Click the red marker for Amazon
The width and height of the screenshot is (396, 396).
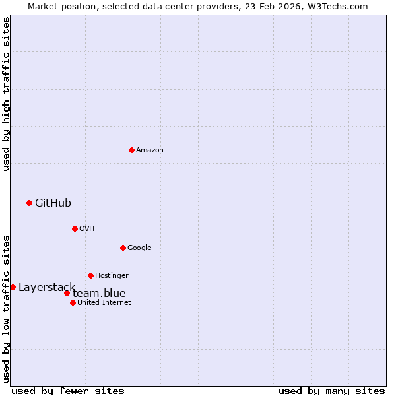[131, 150]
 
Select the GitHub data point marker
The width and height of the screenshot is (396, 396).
[29, 203]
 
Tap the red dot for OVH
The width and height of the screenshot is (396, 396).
[75, 228]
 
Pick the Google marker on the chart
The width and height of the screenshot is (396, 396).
[123, 247]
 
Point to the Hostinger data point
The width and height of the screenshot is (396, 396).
[90, 275]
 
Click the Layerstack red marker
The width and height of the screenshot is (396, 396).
[13, 287]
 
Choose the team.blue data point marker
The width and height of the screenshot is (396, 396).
[67, 293]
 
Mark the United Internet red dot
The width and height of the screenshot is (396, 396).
[73, 302]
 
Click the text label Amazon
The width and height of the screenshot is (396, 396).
[150, 150]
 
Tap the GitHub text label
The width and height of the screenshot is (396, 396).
[53, 203]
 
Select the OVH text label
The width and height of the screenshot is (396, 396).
[87, 228]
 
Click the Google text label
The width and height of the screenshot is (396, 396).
[139, 247]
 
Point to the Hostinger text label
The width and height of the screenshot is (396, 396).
[112, 275]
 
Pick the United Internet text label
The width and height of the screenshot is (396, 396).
[104, 302]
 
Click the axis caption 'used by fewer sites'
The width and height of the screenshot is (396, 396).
[68, 391]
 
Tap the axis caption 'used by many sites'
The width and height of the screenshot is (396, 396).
[331, 391]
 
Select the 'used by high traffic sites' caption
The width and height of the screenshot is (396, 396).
[6, 94]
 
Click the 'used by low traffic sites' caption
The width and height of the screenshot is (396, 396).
[6, 309]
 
